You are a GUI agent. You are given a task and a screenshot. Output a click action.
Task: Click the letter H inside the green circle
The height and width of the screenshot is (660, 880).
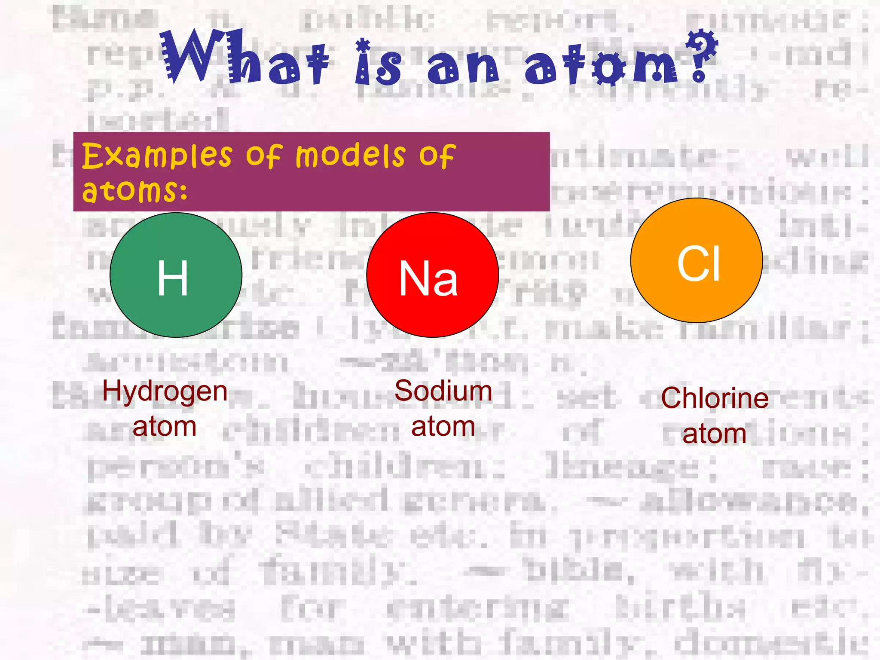click(x=173, y=278)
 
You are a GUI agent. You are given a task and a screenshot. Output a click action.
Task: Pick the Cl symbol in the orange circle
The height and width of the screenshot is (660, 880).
click(x=698, y=264)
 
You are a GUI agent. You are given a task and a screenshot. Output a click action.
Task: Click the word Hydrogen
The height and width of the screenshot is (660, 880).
click(x=165, y=391)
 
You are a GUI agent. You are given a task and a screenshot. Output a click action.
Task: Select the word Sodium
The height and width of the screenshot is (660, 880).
click(x=443, y=391)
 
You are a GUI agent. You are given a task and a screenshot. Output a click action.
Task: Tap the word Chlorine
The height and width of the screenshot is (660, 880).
click(x=715, y=398)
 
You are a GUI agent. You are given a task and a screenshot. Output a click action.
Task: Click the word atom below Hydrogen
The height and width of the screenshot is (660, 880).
click(x=165, y=427)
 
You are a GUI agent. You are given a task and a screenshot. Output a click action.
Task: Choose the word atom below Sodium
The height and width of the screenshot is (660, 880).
click(x=443, y=427)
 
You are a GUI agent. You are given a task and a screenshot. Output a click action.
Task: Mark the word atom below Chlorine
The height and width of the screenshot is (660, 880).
click(x=714, y=434)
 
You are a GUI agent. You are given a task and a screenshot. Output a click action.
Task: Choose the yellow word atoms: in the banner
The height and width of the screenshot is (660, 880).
click(x=135, y=190)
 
